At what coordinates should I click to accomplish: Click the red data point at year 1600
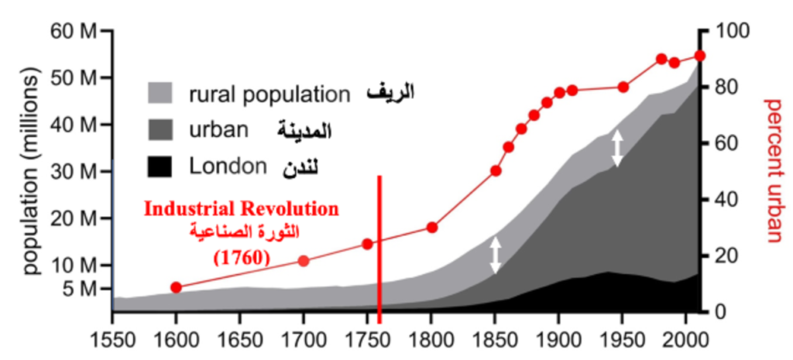[x=176, y=287]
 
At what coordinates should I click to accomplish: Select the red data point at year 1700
[x=304, y=261]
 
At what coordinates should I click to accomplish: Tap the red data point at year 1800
[x=432, y=228]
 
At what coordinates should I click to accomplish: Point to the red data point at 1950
[x=623, y=87]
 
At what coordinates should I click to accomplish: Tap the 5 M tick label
[x=81, y=289]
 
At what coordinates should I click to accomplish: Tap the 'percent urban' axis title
[x=774, y=170]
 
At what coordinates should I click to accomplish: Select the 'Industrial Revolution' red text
[x=242, y=209]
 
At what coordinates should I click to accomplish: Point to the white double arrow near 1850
[x=496, y=255]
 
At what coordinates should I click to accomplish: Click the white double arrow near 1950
[x=617, y=149]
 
